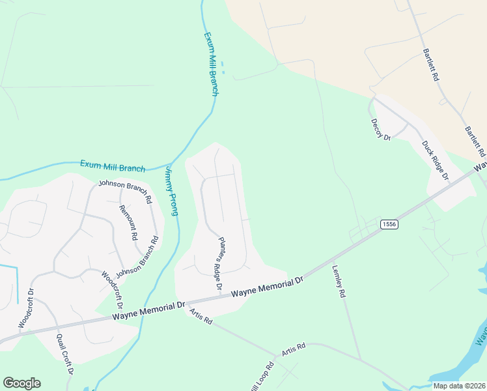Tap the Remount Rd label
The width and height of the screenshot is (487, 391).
(128, 223)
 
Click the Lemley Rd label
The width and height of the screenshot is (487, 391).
(339, 280)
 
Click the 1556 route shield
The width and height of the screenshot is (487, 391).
(389, 224)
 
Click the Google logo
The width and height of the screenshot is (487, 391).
(21, 383)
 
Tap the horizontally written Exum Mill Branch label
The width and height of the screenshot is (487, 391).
(113, 166)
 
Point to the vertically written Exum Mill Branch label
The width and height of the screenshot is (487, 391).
(211, 65)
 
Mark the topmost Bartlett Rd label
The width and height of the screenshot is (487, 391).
(431, 64)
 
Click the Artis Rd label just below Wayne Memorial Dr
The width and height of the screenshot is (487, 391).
(201, 317)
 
